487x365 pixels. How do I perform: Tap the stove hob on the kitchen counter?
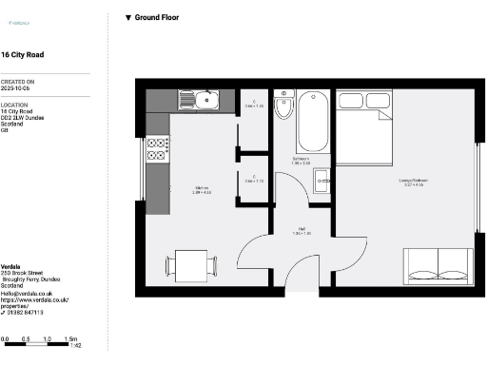point(157,147)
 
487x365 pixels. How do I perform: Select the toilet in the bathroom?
point(283,108)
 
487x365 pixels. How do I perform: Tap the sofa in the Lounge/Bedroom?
point(437,265)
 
